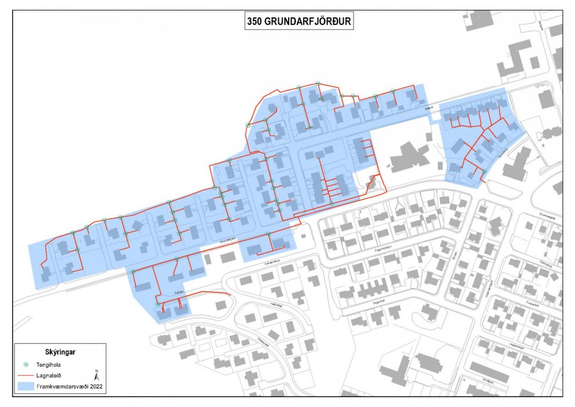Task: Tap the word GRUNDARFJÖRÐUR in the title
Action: (x=307, y=23)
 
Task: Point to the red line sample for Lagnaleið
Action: (x=26, y=375)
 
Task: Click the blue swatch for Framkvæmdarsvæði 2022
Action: (x=26, y=385)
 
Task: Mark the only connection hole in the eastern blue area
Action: (x=483, y=171)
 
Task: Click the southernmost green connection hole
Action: (x=158, y=304)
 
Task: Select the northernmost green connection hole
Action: (x=317, y=83)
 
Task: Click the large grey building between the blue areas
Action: (x=409, y=156)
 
